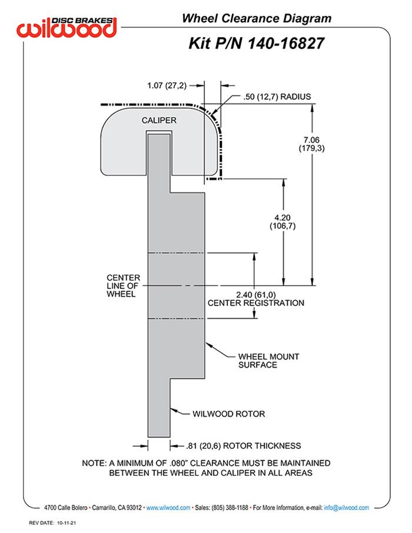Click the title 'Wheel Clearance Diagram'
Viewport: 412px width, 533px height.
tap(256, 19)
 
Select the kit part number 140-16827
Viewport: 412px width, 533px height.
tap(281, 44)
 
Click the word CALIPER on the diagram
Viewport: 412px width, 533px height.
tap(159, 120)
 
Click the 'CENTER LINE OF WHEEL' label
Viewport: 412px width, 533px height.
tap(123, 285)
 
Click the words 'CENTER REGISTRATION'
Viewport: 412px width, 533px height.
tap(257, 303)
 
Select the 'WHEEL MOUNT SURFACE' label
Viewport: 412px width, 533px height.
tap(265, 360)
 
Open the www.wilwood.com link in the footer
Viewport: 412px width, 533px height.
tap(168, 508)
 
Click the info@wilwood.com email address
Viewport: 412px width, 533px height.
tap(346, 508)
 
